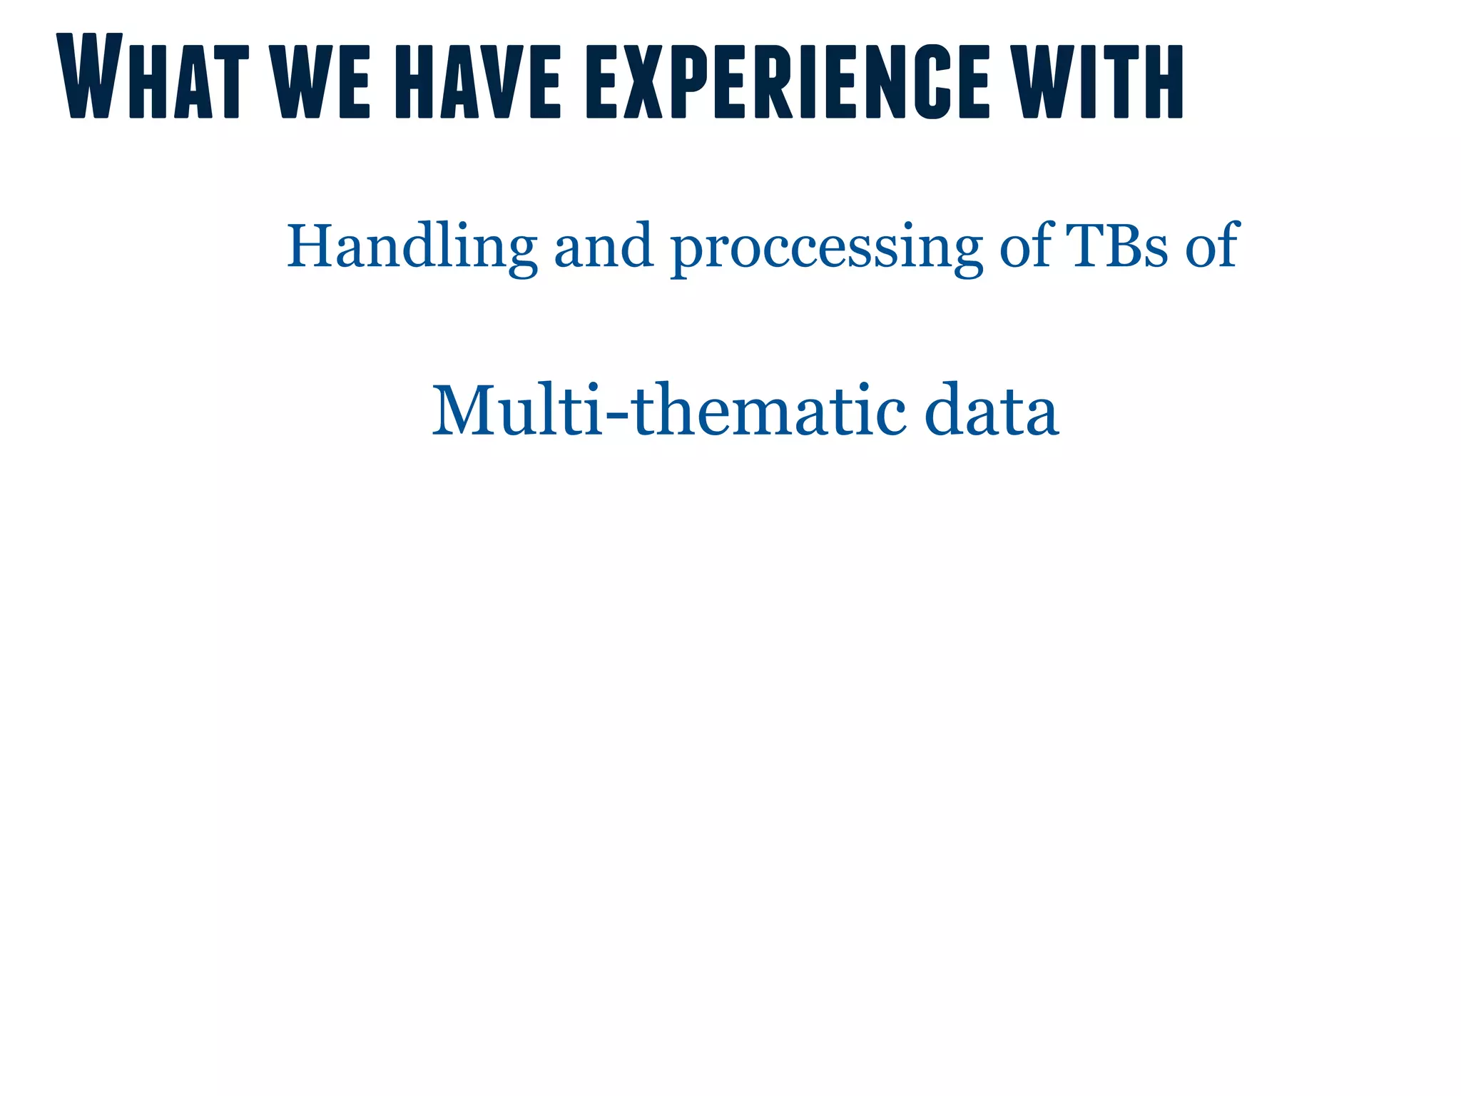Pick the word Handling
tap(412, 247)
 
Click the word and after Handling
tap(604, 247)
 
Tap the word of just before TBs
tap(1027, 245)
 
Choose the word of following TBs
tap(1212, 245)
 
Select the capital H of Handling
tap(310, 245)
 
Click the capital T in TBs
tap(1085, 245)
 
